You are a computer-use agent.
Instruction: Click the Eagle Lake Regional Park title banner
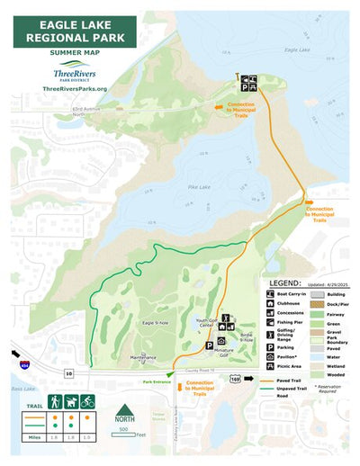(74, 31)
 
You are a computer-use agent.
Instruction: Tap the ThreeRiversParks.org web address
(74, 88)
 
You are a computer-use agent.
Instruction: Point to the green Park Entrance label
(156, 381)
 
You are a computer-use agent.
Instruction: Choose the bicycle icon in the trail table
(87, 401)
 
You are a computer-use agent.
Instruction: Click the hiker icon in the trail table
(55, 401)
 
